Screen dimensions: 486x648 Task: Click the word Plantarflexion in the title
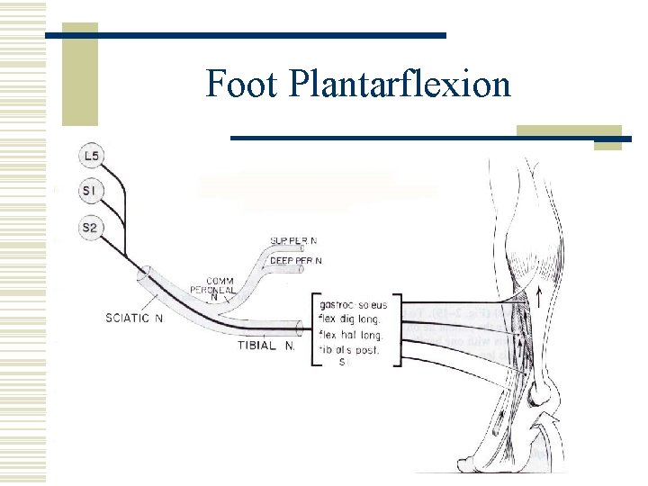(x=399, y=85)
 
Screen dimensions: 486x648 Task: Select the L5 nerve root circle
(x=91, y=157)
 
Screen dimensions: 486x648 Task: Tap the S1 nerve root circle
(x=90, y=191)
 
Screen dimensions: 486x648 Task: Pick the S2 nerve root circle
(x=89, y=228)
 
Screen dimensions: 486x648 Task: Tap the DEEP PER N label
(x=296, y=260)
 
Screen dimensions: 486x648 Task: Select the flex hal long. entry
(x=354, y=333)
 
